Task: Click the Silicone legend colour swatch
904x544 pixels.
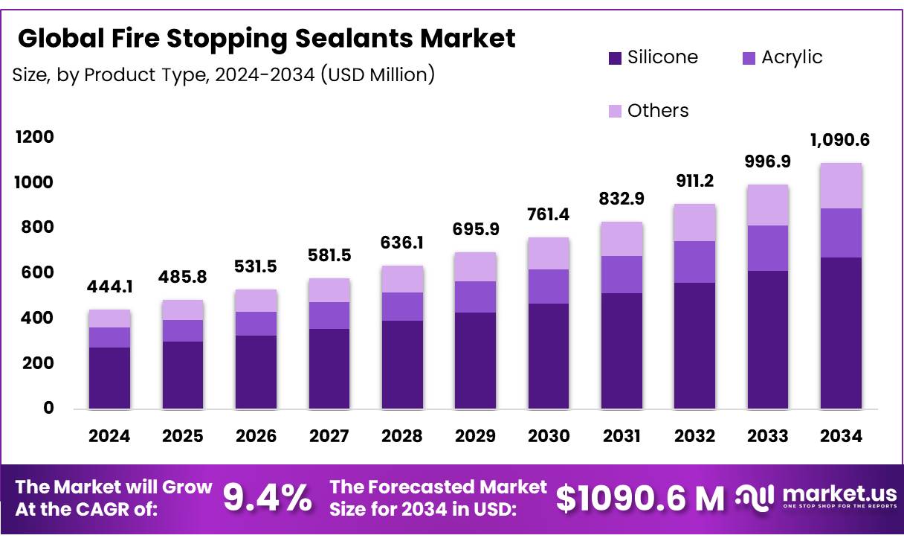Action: point(614,58)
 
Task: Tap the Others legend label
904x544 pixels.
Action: point(657,111)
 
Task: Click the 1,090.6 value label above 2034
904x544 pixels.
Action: point(841,141)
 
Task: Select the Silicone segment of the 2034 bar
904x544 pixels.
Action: point(841,333)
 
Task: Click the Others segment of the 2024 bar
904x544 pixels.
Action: point(109,319)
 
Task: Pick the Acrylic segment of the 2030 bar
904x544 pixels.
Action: point(548,287)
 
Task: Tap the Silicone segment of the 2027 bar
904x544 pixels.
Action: point(329,368)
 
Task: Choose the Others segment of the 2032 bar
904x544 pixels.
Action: point(694,223)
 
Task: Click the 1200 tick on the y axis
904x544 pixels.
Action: point(34,137)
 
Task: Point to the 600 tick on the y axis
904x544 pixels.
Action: point(37,273)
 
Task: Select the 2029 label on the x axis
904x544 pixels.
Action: point(475,437)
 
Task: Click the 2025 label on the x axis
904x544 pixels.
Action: point(182,437)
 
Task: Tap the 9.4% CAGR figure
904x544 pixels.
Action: point(268,498)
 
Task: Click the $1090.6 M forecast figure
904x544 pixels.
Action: point(640,498)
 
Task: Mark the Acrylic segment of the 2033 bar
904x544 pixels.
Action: point(767,248)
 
